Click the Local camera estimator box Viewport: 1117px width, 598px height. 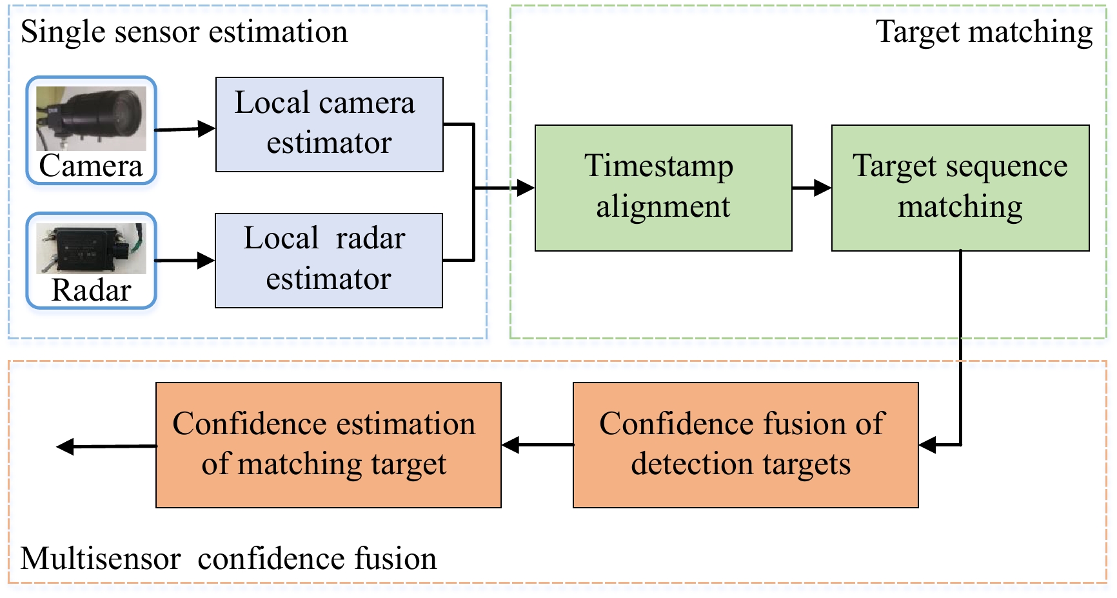(329, 125)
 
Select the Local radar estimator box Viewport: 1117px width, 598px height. (329, 260)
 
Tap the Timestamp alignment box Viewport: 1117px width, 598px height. (663, 188)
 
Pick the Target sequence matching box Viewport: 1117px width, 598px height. (960, 188)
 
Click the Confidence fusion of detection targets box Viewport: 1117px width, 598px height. (745, 444)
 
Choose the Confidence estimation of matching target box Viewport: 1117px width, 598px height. (328, 444)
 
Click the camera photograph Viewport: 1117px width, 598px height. (91, 119)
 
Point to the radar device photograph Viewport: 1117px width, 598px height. (91, 249)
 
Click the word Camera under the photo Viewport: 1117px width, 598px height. (91, 166)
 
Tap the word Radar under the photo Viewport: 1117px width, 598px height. (91, 290)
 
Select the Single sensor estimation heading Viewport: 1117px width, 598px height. (184, 32)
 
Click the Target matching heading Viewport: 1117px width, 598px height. (984, 32)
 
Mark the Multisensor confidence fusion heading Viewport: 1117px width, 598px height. (228, 559)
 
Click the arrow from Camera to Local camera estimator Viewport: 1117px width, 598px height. (185, 129)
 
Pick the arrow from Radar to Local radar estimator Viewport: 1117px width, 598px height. (185, 261)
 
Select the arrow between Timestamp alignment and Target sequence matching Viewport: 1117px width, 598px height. (812, 188)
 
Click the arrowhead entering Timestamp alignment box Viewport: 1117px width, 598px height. (526, 188)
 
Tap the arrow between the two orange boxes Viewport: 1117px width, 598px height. (537, 444)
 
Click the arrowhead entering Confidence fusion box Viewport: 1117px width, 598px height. (928, 444)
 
